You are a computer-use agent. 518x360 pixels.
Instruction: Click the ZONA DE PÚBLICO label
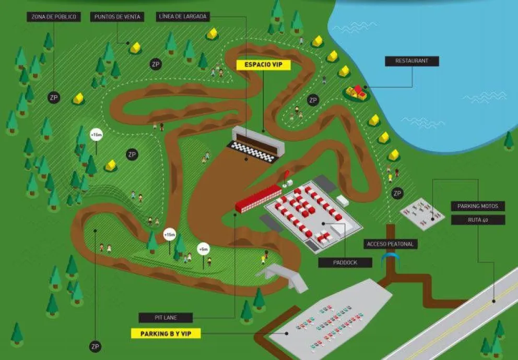coord(54,17)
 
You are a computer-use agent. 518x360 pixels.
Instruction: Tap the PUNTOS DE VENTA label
coord(117,17)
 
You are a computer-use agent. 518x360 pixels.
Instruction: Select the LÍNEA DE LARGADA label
coord(183,17)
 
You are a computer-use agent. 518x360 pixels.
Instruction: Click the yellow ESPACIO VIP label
coord(263,65)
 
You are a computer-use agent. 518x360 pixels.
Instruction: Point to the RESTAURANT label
coord(411,61)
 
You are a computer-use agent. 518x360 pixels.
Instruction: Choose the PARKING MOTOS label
coord(478,206)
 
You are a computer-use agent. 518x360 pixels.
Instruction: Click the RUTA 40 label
coord(478,220)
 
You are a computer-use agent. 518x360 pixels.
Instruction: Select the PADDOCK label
coord(345,262)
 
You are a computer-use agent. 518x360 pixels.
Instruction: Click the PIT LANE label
coord(166,317)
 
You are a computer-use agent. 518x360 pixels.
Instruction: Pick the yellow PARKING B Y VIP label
coord(166,333)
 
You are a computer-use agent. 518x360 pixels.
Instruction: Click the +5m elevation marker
coord(203,248)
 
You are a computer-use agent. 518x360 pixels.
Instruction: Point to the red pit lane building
coord(258,198)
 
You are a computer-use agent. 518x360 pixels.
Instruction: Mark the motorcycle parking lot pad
coord(422,213)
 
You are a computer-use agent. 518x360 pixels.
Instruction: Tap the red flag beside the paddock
coord(287,174)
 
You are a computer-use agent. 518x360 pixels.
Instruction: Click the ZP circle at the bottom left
coord(95,346)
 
